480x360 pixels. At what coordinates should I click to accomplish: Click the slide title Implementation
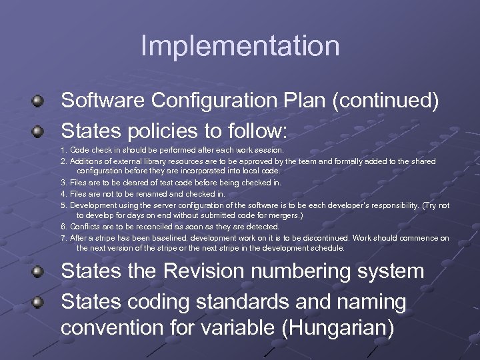click(x=240, y=46)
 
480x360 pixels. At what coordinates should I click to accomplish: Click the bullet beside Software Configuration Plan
click(x=39, y=101)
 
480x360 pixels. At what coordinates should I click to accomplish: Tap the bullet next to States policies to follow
click(x=39, y=130)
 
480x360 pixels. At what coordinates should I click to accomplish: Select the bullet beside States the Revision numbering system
click(x=39, y=272)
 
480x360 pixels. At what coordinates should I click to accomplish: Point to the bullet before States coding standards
click(x=39, y=303)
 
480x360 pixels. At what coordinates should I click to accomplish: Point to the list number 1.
click(x=63, y=151)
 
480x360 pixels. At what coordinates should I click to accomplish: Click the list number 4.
click(x=63, y=194)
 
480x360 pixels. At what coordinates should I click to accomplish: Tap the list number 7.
click(x=63, y=238)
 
